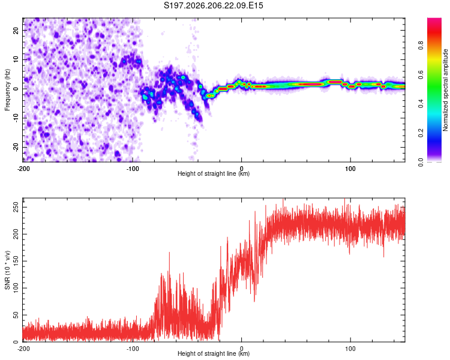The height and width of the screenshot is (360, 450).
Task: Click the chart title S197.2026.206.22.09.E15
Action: [214, 5]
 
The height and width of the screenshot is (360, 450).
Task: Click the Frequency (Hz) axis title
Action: [7, 90]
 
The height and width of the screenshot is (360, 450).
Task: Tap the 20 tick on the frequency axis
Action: [16, 30]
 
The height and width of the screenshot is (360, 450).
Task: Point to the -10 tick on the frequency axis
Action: [16, 118]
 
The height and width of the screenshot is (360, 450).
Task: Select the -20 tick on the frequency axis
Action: [16, 147]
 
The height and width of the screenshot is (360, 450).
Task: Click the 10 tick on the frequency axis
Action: [16, 59]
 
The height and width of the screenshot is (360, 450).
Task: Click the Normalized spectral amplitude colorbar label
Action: [445, 90]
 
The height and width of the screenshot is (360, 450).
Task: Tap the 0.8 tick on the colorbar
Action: [421, 46]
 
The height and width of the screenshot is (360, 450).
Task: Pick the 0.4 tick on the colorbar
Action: [421, 104]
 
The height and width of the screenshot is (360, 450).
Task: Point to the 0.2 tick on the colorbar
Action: [421, 133]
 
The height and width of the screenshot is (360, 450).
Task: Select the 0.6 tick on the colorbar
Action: [421, 74]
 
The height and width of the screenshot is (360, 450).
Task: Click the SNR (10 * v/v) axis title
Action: [7, 270]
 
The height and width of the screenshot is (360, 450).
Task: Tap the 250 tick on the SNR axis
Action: [16, 207]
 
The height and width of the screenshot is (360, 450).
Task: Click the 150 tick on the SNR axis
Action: [16, 261]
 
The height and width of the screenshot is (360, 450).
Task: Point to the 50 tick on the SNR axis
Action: [16, 315]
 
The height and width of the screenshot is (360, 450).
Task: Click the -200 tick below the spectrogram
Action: [23, 169]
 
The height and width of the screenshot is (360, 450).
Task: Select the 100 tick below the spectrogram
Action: [350, 169]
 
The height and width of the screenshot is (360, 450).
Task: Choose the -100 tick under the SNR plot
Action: [133, 349]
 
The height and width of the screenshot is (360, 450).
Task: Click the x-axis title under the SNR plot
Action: [214, 353]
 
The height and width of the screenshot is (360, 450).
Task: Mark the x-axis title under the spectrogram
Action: [214, 173]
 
